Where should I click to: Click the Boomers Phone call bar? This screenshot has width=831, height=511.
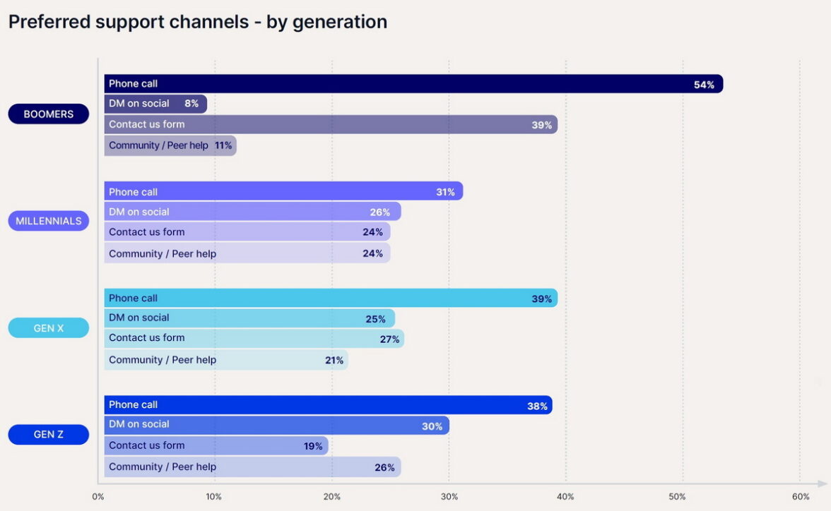pyautogui.click(x=413, y=84)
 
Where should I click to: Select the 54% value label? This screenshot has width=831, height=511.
pyautogui.click(x=704, y=85)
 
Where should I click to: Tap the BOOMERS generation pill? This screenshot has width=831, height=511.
pyautogui.click(x=49, y=114)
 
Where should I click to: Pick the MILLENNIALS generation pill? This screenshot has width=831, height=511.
pyautogui.click(x=49, y=221)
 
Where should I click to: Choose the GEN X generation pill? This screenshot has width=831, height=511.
pyautogui.click(x=49, y=328)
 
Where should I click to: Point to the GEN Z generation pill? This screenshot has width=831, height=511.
pyautogui.click(x=49, y=435)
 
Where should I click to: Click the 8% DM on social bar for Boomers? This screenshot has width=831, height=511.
pyautogui.click(x=155, y=104)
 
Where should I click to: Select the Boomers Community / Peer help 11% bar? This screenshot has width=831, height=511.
pyautogui.click(x=170, y=145)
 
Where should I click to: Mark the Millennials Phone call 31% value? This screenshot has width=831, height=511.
pyautogui.click(x=445, y=192)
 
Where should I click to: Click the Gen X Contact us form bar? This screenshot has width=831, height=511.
pyautogui.click(x=254, y=339)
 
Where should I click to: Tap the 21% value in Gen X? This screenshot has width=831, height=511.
pyautogui.click(x=334, y=360)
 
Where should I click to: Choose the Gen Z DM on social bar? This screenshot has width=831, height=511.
pyautogui.click(x=276, y=425)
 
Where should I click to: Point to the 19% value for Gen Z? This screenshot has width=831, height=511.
pyautogui.click(x=313, y=446)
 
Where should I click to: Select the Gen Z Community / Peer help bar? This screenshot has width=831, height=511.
pyautogui.click(x=252, y=467)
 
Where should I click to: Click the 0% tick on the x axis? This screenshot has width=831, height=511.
pyautogui.click(x=98, y=497)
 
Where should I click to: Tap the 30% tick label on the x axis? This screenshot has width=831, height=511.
pyautogui.click(x=449, y=497)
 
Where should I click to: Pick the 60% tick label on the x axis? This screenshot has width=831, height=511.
pyautogui.click(x=801, y=497)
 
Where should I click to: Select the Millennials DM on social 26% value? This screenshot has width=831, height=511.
pyautogui.click(x=380, y=212)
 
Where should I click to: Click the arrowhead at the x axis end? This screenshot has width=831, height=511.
pyautogui.click(x=823, y=483)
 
